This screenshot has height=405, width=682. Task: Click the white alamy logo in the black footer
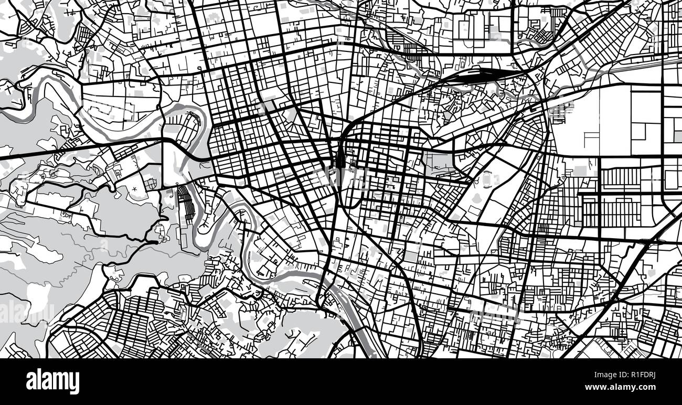pos(52,381)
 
